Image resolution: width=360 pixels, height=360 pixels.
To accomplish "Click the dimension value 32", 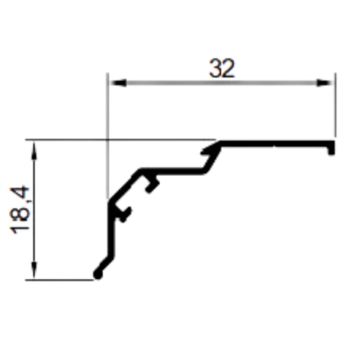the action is pyautogui.click(x=222, y=69).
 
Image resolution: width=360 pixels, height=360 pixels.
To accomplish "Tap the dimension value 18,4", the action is pyautogui.click(x=19, y=210).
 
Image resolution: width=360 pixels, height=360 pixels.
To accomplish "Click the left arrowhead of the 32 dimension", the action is pyautogui.click(x=118, y=83).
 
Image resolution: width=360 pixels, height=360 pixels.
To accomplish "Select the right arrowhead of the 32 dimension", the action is pyautogui.click(x=325, y=83).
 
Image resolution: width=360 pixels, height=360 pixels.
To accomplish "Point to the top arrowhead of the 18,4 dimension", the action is pyautogui.click(x=34, y=151).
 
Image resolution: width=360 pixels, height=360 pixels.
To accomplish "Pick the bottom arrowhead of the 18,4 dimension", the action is pyautogui.click(x=34, y=270).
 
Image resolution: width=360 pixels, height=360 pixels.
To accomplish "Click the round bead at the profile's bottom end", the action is pyautogui.click(x=98, y=275).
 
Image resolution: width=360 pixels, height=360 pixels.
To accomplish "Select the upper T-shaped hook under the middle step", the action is pyautogui.click(x=152, y=183).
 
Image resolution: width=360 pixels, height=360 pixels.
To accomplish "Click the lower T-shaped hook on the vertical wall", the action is pyautogui.click(x=123, y=214).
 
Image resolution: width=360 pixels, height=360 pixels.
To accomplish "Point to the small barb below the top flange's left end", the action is pyautogui.click(x=207, y=150).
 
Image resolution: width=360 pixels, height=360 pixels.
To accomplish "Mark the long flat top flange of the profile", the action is pyautogui.click(x=275, y=144).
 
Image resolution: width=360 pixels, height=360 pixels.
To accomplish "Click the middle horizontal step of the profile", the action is pyautogui.click(x=172, y=171).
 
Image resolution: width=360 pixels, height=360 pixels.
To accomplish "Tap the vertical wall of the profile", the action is pyautogui.click(x=111, y=229).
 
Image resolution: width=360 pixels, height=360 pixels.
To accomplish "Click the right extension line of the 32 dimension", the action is pyautogui.click(x=336, y=105).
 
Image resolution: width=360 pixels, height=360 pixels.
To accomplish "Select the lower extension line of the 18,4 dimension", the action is pyautogui.click(x=59, y=280).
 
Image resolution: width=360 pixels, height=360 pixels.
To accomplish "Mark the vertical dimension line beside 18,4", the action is pyautogui.click(x=34, y=210).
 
